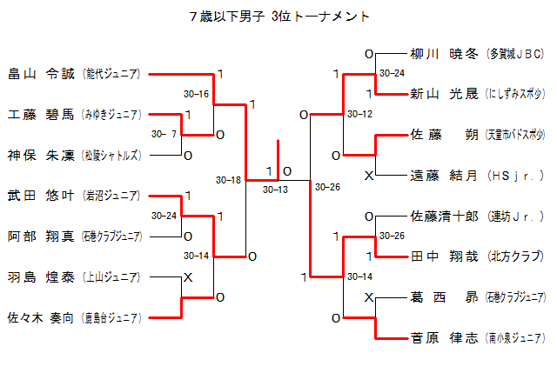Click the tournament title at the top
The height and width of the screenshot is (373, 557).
(x=278, y=17)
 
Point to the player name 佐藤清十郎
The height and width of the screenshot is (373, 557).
(x=444, y=216)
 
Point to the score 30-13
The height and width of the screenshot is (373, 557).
(x=276, y=189)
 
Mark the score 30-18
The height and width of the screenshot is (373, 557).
(x=229, y=180)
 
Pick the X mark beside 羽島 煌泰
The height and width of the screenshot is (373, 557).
(x=187, y=277)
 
